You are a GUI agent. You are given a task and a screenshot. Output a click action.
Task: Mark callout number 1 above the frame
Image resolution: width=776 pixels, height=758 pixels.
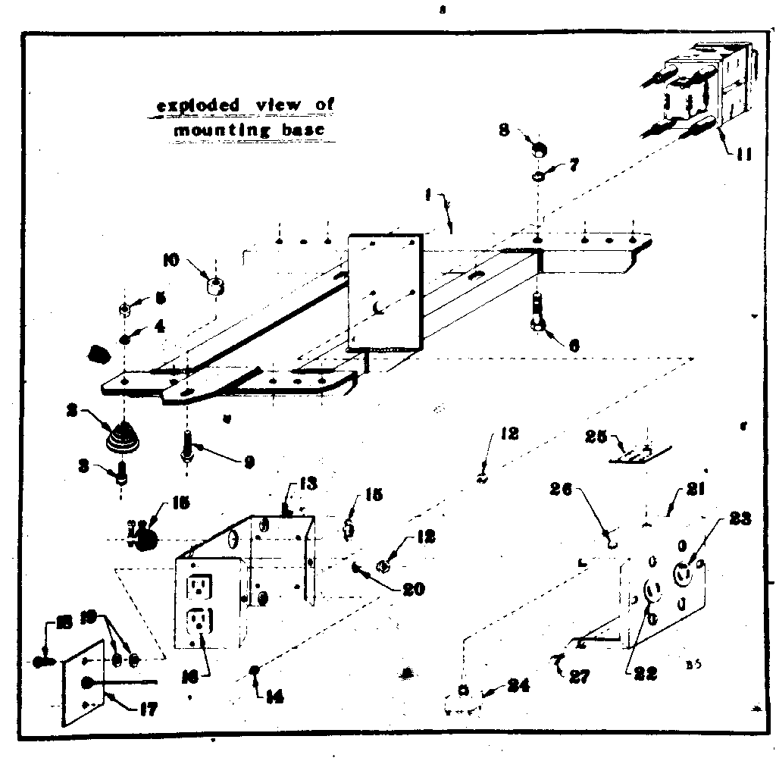(428, 194)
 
